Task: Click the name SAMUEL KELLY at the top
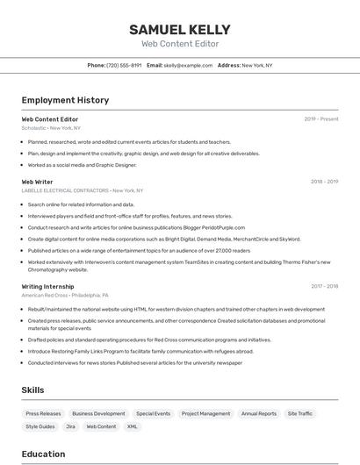tap(180, 29)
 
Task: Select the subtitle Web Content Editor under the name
tap(180, 43)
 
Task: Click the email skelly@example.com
tap(188, 65)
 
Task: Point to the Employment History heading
tap(65, 100)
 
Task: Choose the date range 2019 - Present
tap(320, 118)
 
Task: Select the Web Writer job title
tap(37, 182)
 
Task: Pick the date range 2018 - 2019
tap(324, 182)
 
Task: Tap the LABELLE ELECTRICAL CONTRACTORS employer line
tap(82, 190)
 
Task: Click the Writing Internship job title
tap(47, 286)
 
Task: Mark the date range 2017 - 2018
tap(324, 286)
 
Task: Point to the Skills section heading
tap(33, 390)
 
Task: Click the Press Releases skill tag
tap(44, 413)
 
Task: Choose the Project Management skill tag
tap(205, 413)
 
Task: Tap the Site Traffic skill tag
tap(299, 413)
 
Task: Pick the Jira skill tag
tap(70, 426)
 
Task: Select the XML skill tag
tap(133, 426)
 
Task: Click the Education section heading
tap(43, 454)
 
